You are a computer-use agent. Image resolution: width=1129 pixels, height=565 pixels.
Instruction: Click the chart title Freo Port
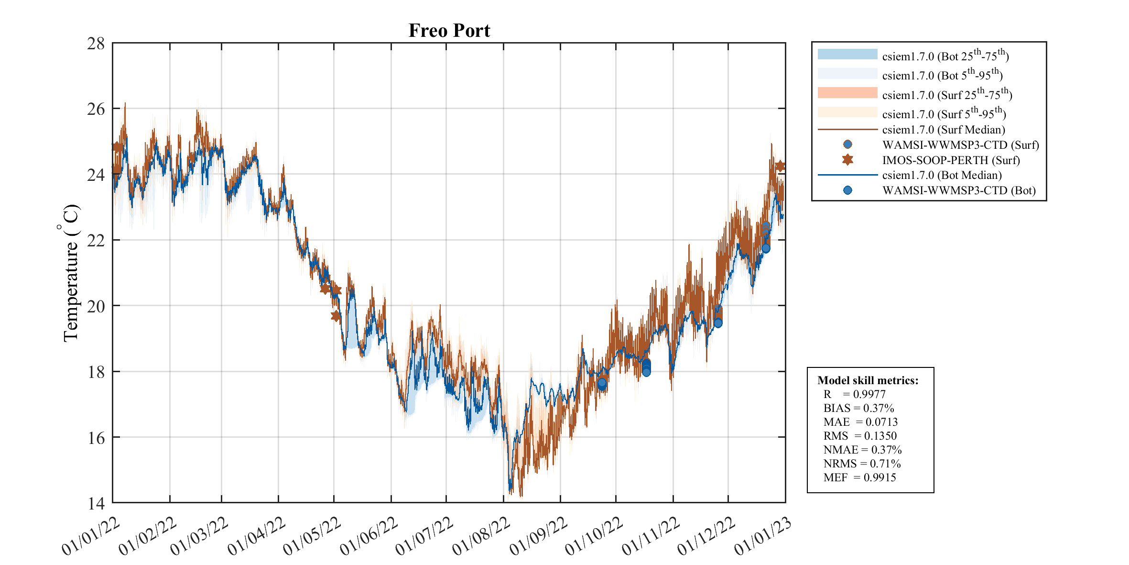(449, 31)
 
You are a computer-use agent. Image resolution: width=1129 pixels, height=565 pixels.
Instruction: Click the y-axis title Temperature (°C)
(71, 273)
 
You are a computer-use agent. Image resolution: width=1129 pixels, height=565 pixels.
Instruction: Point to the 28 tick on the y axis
(96, 44)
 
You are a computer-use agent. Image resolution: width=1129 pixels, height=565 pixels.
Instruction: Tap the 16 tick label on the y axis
(96, 438)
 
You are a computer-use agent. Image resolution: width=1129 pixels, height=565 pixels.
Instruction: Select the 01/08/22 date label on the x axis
(481, 536)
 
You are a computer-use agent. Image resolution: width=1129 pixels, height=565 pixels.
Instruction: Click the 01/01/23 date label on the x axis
(762, 536)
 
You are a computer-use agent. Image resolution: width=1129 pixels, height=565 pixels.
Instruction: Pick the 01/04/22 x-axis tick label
(256, 536)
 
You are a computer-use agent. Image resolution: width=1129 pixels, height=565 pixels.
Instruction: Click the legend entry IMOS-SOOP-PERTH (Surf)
(951, 160)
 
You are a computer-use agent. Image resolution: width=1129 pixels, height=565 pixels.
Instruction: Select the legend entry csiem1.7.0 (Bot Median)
(942, 175)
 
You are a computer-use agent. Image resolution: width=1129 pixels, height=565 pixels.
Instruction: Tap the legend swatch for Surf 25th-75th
(847, 93)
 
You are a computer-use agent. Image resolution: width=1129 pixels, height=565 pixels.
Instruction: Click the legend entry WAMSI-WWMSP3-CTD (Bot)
(959, 190)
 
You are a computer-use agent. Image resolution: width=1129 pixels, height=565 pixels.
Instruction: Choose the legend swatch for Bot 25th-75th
(847, 54)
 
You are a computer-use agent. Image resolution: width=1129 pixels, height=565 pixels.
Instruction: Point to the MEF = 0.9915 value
(859, 477)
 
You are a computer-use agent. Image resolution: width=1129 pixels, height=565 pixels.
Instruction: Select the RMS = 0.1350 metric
(859, 436)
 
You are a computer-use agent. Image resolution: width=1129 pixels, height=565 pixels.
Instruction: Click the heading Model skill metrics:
(868, 380)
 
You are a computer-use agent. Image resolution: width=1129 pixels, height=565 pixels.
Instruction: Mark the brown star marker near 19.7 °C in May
(336, 316)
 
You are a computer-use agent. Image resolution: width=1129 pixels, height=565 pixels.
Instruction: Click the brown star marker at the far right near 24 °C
(780, 166)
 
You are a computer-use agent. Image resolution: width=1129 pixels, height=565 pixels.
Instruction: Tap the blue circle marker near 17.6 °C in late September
(602, 383)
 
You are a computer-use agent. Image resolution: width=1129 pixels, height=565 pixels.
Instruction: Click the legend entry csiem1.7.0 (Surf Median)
(943, 130)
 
